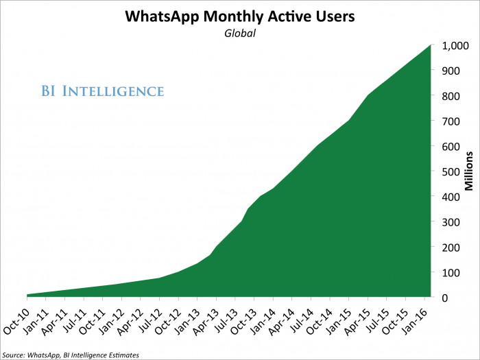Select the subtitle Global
[239, 32]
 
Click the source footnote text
[70, 355]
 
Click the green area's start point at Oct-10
[27, 295]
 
